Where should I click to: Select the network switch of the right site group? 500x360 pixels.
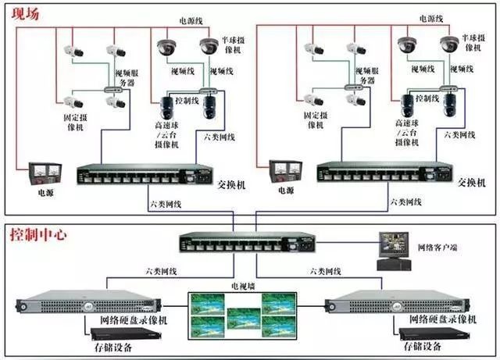click(x=383, y=174)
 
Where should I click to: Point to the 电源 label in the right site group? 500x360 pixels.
click(x=285, y=190)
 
